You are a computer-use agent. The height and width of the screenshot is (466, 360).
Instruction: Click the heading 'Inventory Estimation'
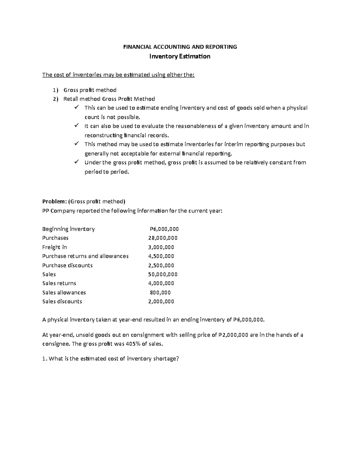180,56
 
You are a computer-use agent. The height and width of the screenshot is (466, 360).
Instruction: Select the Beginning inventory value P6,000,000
164,229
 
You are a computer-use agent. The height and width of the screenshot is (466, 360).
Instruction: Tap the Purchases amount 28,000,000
163,238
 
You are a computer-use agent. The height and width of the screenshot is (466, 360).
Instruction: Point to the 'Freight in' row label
55,247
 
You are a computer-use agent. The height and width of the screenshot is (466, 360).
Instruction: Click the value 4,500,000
161,256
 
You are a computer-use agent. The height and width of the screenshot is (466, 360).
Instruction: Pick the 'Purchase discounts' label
67,265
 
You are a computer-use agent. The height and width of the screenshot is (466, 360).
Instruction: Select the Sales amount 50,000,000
163,274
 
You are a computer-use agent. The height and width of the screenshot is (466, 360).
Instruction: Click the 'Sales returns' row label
59,283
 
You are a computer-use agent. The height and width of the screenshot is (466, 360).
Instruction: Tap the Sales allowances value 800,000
160,293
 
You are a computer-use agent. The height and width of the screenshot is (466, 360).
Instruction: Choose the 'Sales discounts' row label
62,302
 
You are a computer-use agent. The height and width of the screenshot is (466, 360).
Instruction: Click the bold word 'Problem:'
55,201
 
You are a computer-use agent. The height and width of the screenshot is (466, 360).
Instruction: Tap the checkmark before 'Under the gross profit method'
76,162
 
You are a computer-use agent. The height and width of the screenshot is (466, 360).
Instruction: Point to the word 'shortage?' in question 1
167,359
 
